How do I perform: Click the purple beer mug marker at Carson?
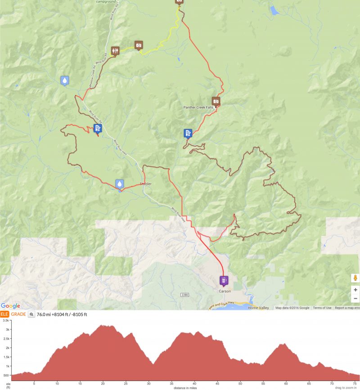click(x=223, y=281)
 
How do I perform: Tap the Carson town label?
click(x=225, y=291)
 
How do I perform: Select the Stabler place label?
click(x=145, y=184)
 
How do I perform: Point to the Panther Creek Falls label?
click(x=200, y=108)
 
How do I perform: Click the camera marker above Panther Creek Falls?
click(x=216, y=101)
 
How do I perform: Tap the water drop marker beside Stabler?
click(x=119, y=184)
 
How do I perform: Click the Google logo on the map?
click(x=10, y=306)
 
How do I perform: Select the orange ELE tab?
click(x=4, y=314)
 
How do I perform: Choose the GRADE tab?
click(x=18, y=314)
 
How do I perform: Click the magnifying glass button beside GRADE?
click(x=31, y=314)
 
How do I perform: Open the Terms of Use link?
click(x=322, y=308)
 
